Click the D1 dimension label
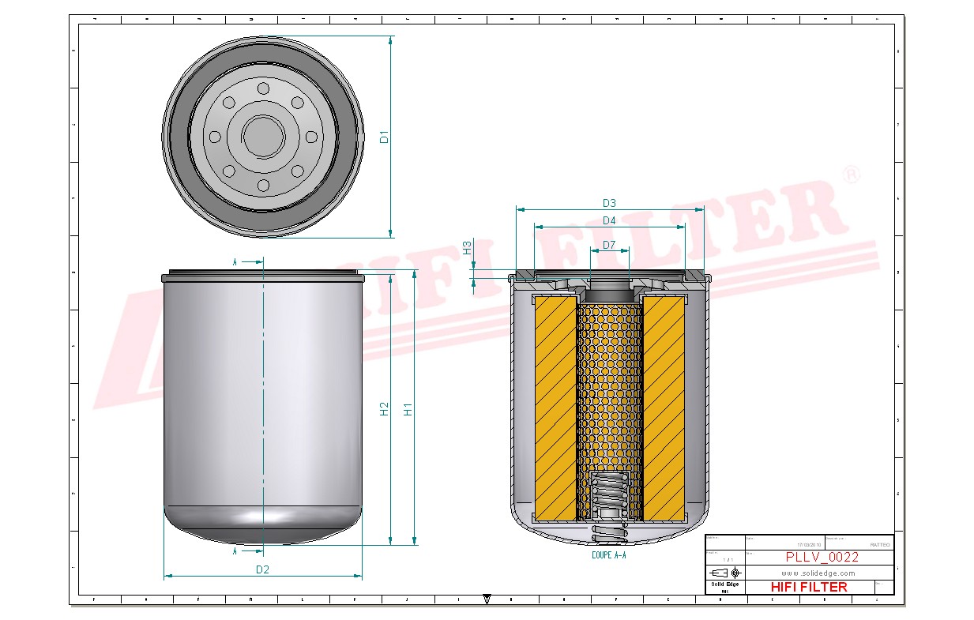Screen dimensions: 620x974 coord(384,136)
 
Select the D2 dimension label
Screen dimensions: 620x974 coord(262,569)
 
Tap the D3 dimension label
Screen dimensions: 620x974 coord(608,203)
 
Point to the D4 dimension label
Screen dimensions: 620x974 coord(608,220)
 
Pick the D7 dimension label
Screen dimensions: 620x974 coord(608,245)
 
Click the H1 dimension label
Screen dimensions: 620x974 coord(408,409)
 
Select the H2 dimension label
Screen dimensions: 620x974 coord(384,409)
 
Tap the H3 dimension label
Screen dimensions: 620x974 coord(467,246)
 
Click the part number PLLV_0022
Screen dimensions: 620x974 coord(822,557)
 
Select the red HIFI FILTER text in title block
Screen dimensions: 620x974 coord(808,587)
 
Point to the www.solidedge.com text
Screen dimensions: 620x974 coord(818,573)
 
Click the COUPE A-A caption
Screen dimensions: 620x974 coord(608,555)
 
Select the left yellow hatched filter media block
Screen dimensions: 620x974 coord(555,408)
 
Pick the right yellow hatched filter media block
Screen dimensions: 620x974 coord(664,408)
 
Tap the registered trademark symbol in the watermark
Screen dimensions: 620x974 coord(851,175)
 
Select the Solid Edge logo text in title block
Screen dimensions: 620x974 coord(724,584)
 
